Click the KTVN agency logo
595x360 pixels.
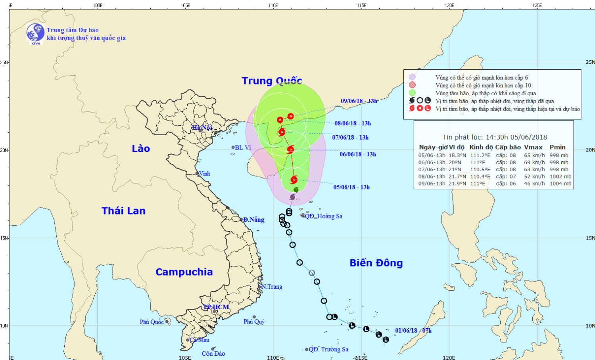(x=35, y=33)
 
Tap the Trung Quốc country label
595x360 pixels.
(x=272, y=80)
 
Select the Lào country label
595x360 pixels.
(x=141, y=149)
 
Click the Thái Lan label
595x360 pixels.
(x=123, y=211)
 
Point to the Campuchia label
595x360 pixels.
(x=184, y=272)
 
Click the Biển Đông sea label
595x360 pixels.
(x=376, y=263)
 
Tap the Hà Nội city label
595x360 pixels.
(x=202, y=128)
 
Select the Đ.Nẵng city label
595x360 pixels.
(x=254, y=220)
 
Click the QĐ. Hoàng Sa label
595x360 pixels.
(x=323, y=216)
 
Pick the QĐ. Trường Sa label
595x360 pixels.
(x=328, y=349)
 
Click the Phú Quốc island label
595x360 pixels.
(x=152, y=322)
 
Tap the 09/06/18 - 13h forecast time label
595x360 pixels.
(x=359, y=101)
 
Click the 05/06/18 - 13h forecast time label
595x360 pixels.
(x=351, y=187)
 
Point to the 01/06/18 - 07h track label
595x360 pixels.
(x=413, y=331)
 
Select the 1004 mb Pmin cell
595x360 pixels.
(x=560, y=184)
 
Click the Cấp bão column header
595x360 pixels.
(x=508, y=147)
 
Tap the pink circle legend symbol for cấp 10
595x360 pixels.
(x=413, y=85)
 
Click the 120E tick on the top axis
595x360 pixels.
(x=449, y=5)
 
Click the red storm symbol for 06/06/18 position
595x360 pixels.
(x=290, y=149)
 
